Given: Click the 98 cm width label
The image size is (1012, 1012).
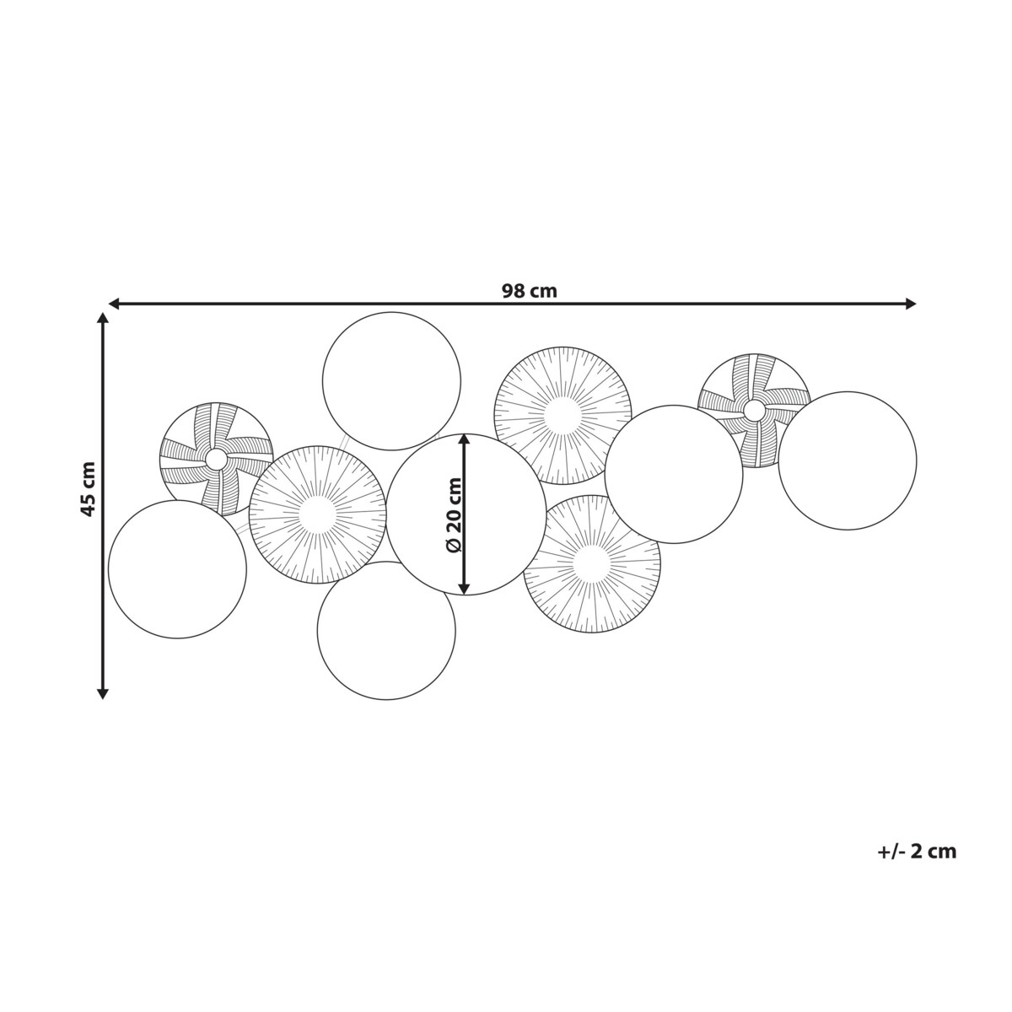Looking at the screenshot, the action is pos(529,291).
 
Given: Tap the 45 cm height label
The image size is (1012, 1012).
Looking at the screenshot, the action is pos(89,489).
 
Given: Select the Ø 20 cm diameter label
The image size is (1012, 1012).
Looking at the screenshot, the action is pos(454,514).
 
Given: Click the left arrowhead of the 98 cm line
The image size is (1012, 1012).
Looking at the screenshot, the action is pos(115,303).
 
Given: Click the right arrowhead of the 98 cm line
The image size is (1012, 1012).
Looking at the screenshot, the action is pos(910,303).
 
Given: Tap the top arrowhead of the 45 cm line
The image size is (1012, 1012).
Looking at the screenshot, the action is pos(103,319).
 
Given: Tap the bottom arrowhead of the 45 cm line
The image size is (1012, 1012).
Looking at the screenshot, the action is pos(103,692).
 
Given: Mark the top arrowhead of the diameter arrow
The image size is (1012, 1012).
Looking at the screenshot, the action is pos(464,440).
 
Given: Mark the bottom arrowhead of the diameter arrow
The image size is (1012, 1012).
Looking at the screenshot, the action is pos(464,588).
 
